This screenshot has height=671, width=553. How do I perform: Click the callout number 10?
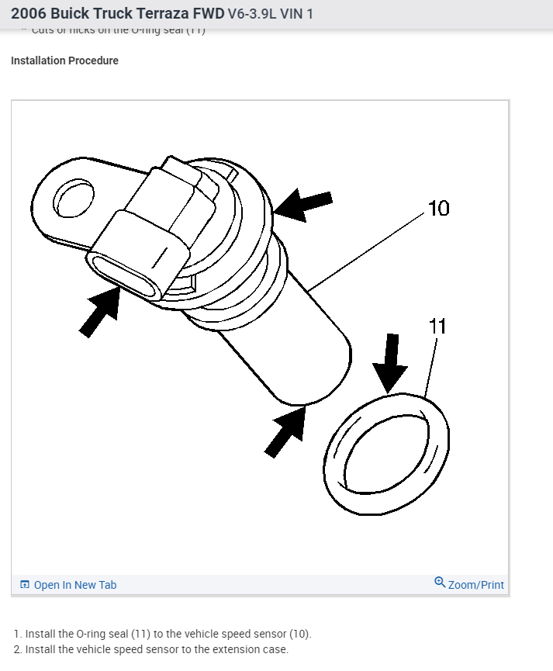tap(438, 208)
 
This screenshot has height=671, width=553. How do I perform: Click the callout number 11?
tap(438, 326)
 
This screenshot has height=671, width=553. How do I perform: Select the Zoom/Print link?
tap(475, 585)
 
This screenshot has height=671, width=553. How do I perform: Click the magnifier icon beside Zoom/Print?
tap(440, 583)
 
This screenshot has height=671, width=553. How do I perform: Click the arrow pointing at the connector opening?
tap(102, 311)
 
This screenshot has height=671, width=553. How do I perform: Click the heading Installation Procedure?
tap(64, 61)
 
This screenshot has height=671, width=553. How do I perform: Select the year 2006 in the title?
tap(28, 14)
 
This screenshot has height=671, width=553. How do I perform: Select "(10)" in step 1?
tap(299, 634)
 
